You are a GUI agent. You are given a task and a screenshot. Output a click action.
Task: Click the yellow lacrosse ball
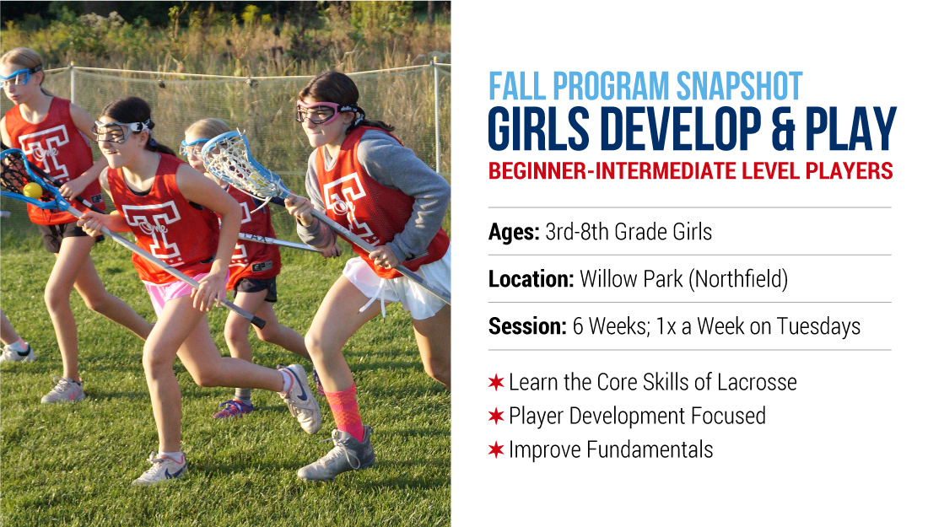coord(33,191)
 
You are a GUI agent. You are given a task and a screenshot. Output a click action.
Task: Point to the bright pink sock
coord(349,411)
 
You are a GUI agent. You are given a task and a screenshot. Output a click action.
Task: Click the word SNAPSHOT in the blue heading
coord(739,86)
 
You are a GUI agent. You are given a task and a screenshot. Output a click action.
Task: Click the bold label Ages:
coord(514,232)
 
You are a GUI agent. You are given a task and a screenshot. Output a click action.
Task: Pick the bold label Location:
coord(531,278)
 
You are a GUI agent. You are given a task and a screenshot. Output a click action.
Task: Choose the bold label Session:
coord(527,326)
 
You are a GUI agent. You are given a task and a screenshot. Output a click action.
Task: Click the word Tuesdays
coord(818,326)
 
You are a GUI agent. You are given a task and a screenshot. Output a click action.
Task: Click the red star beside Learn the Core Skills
coord(496,382)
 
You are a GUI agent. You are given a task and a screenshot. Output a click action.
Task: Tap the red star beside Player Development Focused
coord(496,416)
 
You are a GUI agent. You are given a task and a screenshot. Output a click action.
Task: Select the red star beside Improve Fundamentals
coord(496,449)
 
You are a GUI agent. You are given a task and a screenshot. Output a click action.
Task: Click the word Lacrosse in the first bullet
coord(757,382)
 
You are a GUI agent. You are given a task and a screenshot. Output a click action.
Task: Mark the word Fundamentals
coord(650,449)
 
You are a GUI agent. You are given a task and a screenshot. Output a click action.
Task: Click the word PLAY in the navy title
coord(851,129)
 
